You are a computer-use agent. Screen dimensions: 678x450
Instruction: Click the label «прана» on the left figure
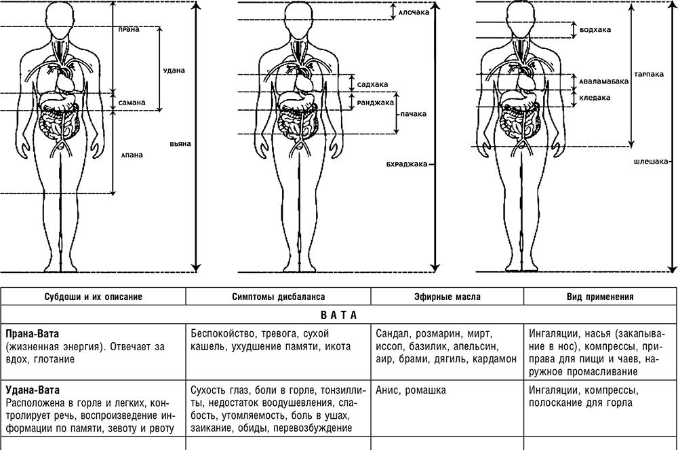click(x=129, y=30)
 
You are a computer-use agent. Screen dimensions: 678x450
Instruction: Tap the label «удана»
click(x=174, y=70)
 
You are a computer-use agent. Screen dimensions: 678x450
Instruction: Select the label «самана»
click(x=132, y=102)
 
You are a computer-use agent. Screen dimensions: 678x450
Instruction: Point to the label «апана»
click(x=132, y=155)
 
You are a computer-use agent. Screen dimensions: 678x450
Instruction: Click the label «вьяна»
click(x=180, y=144)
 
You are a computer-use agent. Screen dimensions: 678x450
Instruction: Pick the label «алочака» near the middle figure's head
click(x=414, y=12)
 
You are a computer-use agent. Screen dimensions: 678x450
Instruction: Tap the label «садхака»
click(x=373, y=84)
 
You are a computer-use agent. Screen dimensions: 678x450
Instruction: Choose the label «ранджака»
click(x=376, y=102)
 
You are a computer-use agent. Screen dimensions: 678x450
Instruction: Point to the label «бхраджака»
click(x=407, y=164)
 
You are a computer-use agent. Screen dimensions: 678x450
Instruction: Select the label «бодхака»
click(x=595, y=30)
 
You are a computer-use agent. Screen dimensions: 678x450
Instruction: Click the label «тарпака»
click(x=649, y=74)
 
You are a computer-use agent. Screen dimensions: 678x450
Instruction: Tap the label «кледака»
click(x=595, y=98)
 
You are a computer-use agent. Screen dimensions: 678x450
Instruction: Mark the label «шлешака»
click(x=651, y=162)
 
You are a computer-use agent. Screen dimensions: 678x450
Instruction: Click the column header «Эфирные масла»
click(x=447, y=297)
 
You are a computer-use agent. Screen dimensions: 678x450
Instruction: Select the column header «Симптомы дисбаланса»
click(x=279, y=297)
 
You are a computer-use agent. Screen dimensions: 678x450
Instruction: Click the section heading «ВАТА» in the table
click(x=339, y=315)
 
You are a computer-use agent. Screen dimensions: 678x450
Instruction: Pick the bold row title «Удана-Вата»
click(x=33, y=390)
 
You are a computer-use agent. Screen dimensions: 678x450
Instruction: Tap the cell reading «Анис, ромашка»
click(x=411, y=390)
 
